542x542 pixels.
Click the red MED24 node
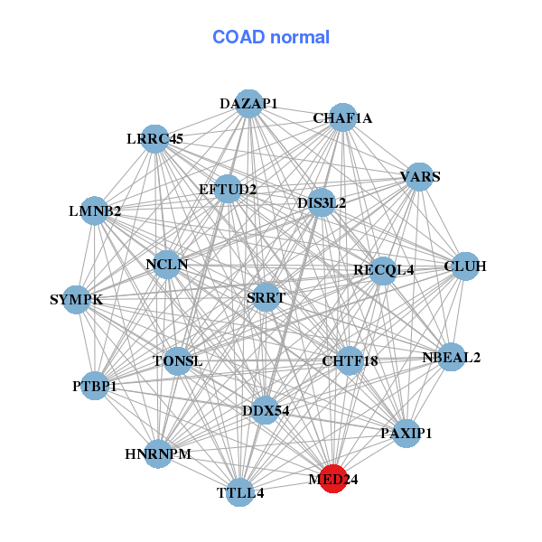coord(332,479)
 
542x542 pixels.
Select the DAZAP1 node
coord(248,104)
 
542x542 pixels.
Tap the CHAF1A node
coord(342,117)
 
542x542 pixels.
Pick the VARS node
coord(420,176)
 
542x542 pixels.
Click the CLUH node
coord(464,266)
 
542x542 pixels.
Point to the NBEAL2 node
coord(451,357)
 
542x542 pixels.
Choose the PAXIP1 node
coord(406,433)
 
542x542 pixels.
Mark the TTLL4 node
coord(239,492)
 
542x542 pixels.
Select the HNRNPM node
coord(158,453)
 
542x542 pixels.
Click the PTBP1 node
coord(95,387)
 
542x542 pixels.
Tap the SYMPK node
coord(76,299)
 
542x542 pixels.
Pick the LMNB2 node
coord(95,211)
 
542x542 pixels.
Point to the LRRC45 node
coord(155,139)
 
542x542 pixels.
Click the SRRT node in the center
coord(266,296)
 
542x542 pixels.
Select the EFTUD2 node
coord(228,190)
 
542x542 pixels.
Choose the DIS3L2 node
coord(321,203)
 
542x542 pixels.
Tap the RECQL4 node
coord(383,270)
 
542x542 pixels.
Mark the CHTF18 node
coord(350,361)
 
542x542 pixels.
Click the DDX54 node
coord(266,410)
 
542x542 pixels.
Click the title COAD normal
coord(271,38)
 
